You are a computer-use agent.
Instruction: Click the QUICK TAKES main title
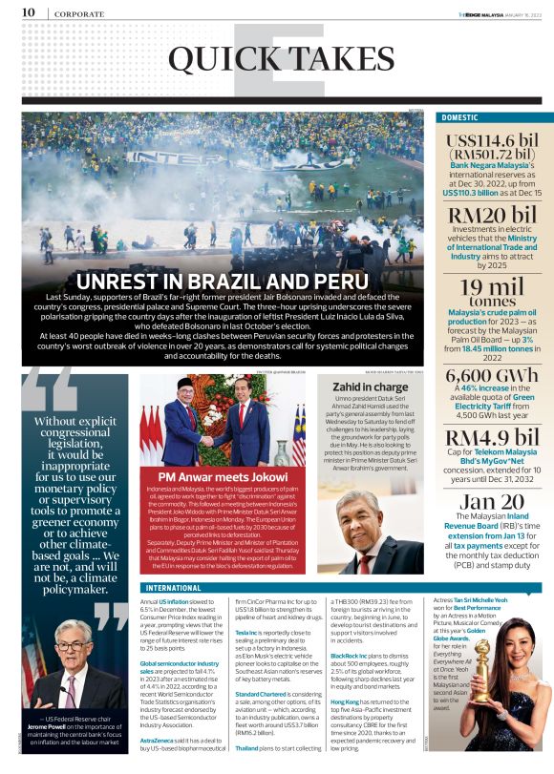coord(266,59)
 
